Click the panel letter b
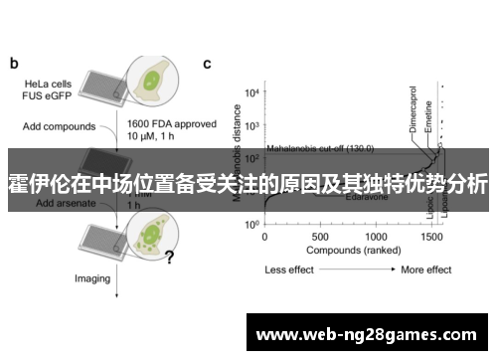(14, 64)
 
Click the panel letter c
(207, 64)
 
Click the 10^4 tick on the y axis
(252, 91)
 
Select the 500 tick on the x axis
(320, 238)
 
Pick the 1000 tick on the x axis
(377, 238)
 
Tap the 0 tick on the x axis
(264, 238)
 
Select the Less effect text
(290, 270)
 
